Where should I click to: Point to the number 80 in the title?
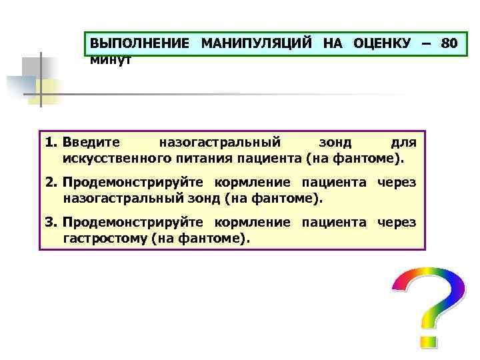449,45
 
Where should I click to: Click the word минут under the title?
111,60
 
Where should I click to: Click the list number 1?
51,143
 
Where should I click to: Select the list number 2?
51,182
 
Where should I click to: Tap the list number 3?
51,222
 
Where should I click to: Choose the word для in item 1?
403,143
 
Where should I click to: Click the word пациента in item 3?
334,222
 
